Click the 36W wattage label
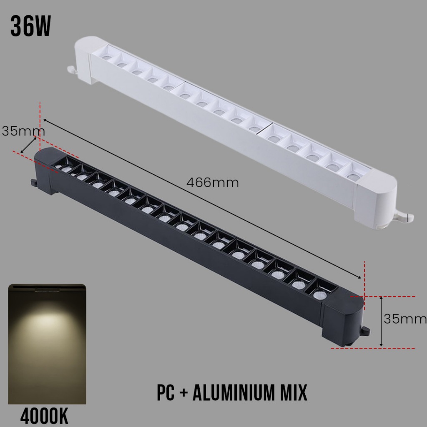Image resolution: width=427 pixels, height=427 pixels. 30,26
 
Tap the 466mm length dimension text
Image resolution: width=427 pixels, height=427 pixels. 212,183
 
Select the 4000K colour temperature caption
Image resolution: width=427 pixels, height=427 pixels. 44,416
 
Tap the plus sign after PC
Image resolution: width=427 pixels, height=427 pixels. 184,393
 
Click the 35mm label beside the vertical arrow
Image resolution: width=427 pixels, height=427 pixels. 405,319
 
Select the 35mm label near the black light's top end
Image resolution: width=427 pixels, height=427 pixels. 23,131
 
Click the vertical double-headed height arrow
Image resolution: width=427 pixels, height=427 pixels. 381,322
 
